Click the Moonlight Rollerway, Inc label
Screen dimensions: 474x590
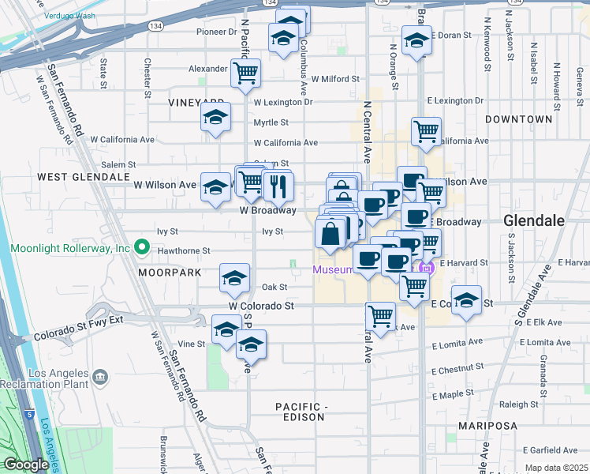click(70, 248)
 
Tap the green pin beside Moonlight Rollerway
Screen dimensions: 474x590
click(142, 248)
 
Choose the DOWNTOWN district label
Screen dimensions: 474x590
click(518, 119)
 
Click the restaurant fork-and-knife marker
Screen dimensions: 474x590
click(278, 186)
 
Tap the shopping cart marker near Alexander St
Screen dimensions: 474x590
click(246, 73)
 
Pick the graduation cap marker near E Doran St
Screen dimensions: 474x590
click(416, 40)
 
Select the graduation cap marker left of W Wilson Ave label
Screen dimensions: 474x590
click(215, 188)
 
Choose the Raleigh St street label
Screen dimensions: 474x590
click(518, 404)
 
